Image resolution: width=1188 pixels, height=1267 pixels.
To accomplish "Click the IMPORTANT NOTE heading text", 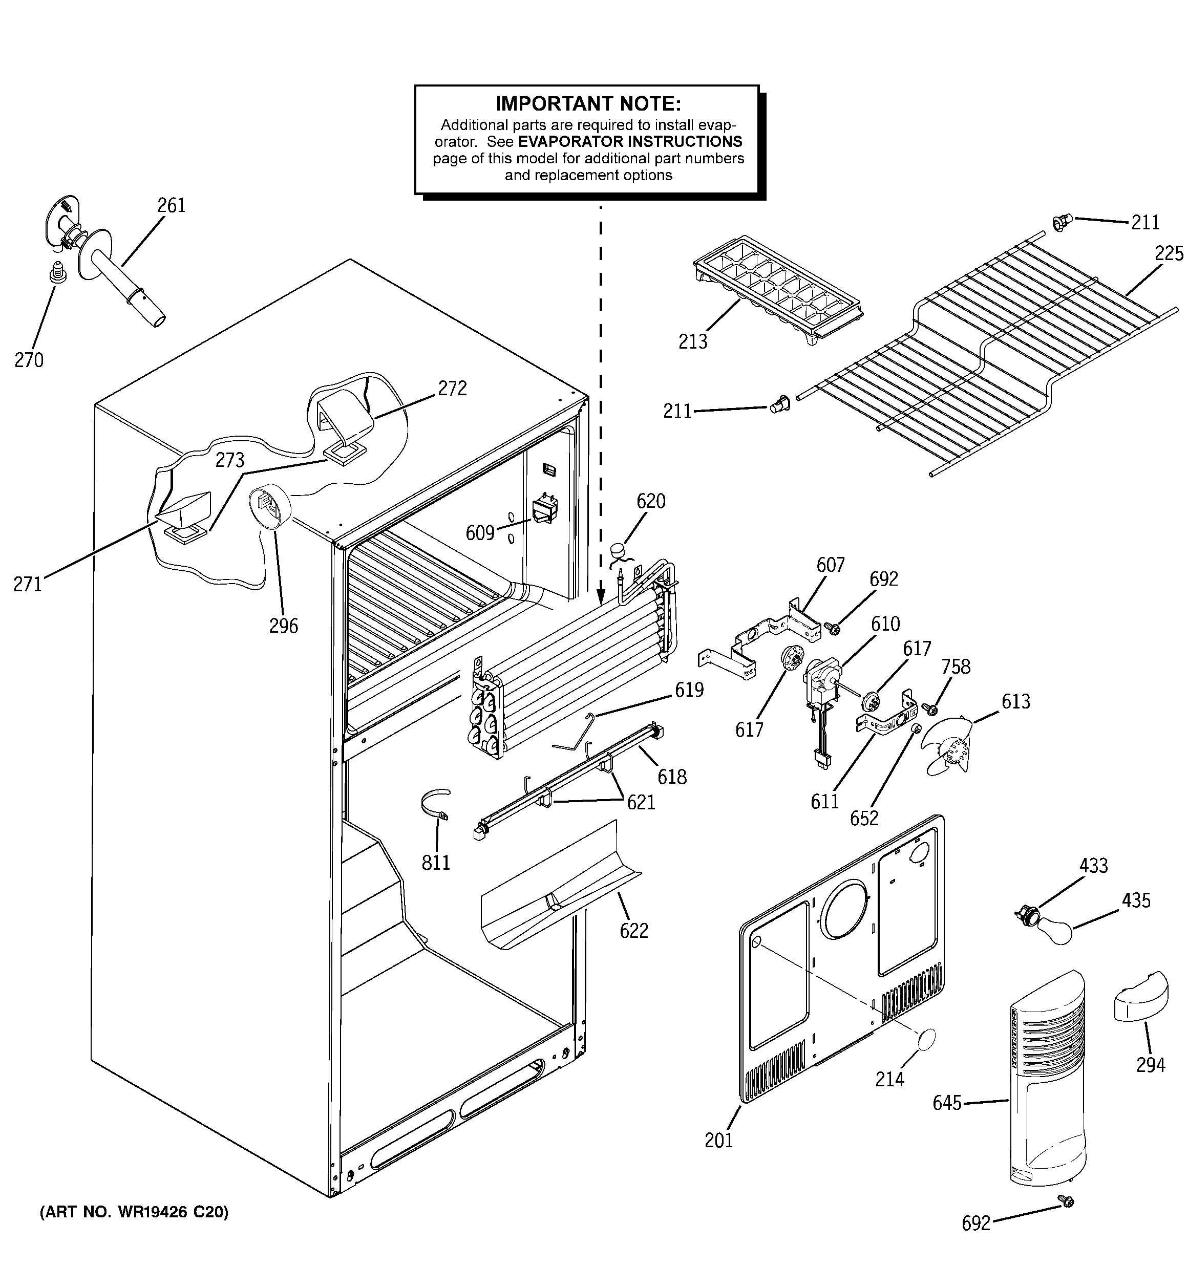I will tap(588, 103).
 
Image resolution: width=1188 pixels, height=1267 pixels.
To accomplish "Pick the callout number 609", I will tap(479, 533).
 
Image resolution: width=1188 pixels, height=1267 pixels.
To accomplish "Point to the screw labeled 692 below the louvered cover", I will tap(1066, 1201).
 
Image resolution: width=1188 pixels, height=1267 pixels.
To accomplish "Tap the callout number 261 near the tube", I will tap(171, 205).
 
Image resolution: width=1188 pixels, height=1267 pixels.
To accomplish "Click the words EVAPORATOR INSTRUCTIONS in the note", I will tap(630, 141).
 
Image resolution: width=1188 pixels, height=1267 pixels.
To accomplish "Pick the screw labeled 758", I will tap(930, 708).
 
